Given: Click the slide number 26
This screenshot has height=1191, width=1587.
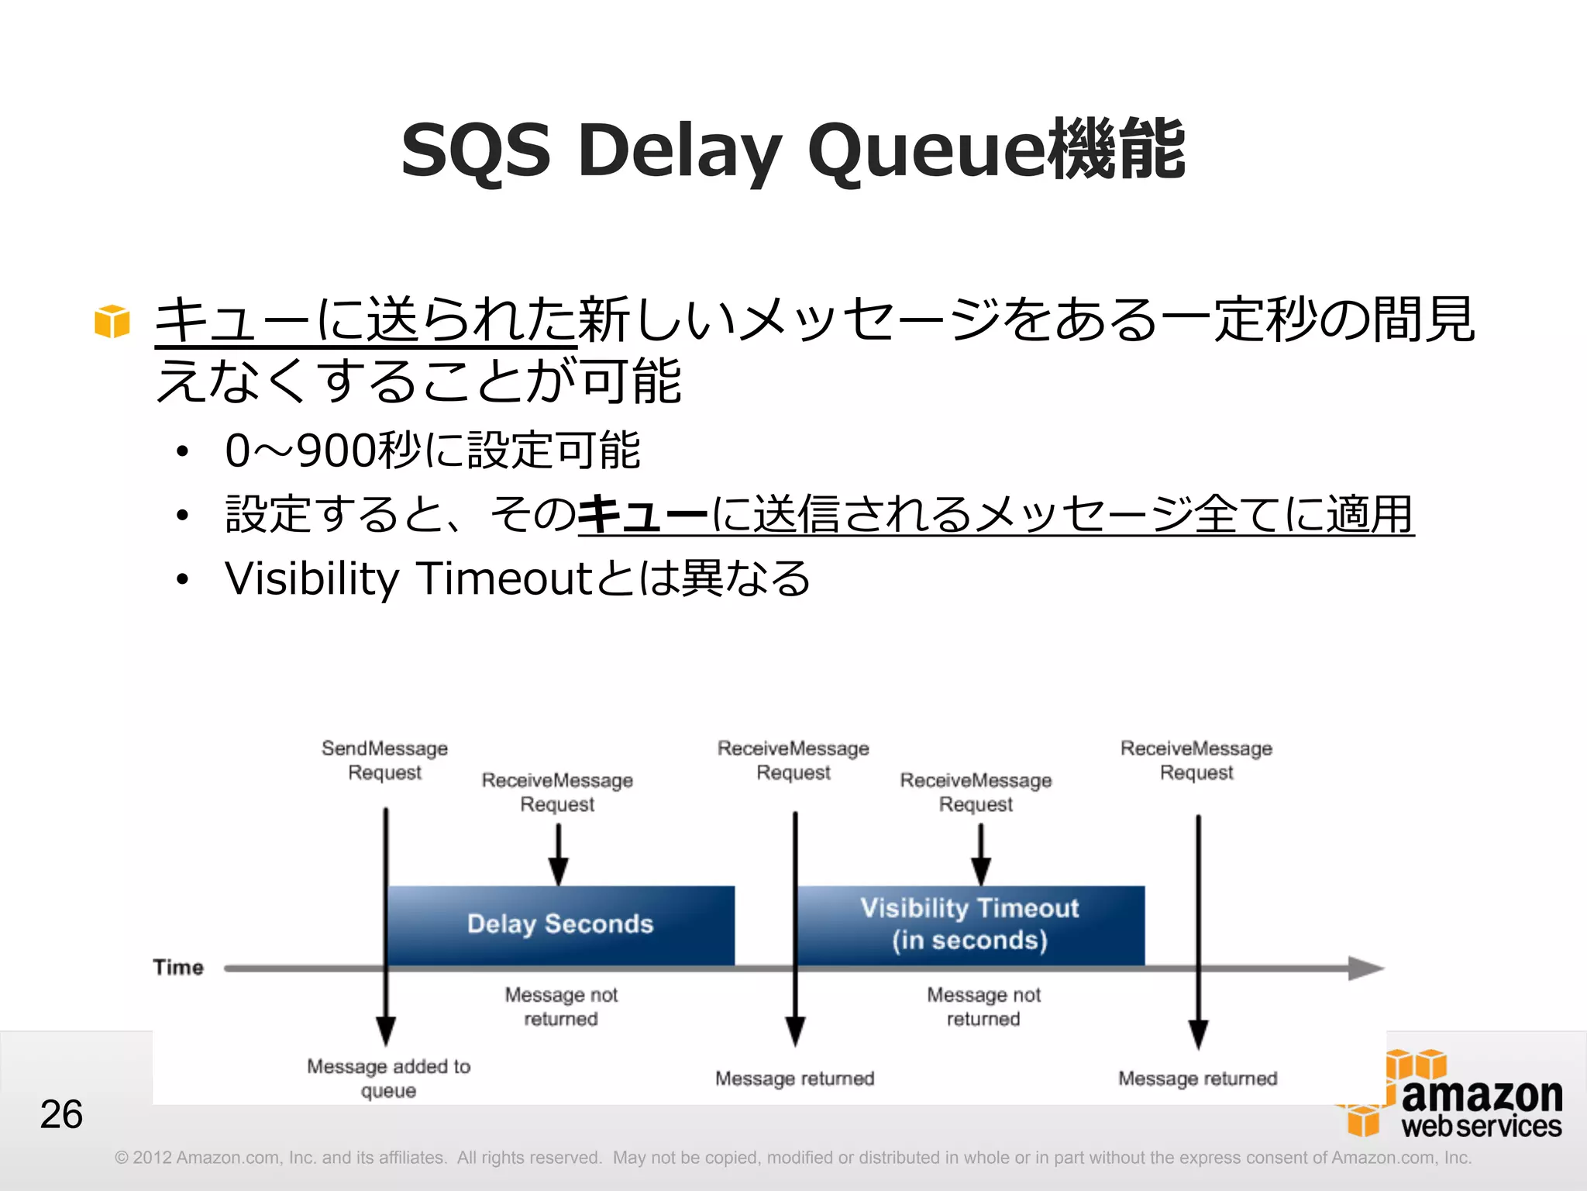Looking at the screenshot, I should [x=61, y=1114].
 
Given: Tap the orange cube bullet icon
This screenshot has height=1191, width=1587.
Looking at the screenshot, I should [x=112, y=321].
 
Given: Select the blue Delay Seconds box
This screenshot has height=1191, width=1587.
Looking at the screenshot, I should [x=560, y=924].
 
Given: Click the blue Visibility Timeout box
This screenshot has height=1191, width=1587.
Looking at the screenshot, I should [x=969, y=924].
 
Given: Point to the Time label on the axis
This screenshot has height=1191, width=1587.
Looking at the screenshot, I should [x=178, y=968].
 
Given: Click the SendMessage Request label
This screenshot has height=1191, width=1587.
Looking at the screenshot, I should [x=384, y=761].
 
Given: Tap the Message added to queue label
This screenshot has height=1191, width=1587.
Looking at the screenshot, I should [x=388, y=1079].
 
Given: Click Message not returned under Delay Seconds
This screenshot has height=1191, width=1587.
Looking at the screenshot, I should [x=561, y=1006].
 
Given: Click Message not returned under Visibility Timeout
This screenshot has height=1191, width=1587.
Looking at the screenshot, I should [x=983, y=1006].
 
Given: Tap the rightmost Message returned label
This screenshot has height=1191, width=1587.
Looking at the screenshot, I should [x=1197, y=1079].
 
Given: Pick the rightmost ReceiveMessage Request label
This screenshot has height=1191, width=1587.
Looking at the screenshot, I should [x=1196, y=761].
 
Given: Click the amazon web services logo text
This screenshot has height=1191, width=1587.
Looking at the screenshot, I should [x=1481, y=1109].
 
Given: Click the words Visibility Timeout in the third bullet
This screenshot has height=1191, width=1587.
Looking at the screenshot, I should [x=408, y=578].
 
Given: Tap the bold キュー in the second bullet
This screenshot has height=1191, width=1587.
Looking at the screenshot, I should [x=643, y=515].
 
